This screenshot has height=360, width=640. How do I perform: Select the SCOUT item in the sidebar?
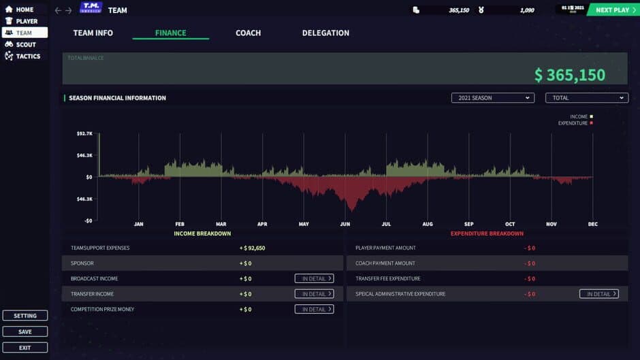tap(25, 44)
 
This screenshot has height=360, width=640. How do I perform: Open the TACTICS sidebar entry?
tap(27, 56)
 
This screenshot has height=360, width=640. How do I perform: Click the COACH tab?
tap(248, 33)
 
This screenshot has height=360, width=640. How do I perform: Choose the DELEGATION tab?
tap(325, 33)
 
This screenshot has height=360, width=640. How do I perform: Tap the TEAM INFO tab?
tap(93, 33)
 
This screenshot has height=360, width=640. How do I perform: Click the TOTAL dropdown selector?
tap(586, 98)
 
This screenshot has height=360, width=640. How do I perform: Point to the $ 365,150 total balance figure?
tap(569, 75)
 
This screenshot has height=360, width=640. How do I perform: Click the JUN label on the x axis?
tap(345, 224)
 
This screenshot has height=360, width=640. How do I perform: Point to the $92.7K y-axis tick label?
tap(84, 134)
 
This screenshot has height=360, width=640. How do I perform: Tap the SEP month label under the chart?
tap(469, 224)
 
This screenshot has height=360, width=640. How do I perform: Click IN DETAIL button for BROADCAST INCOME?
tap(314, 278)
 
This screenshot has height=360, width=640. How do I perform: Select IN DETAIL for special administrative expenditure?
tap(598, 294)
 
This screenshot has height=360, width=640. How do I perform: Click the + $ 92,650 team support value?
tap(252, 248)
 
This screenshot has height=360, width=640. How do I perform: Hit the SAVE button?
tap(25, 331)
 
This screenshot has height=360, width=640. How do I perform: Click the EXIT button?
tap(25, 347)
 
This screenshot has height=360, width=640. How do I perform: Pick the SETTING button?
tap(25, 316)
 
